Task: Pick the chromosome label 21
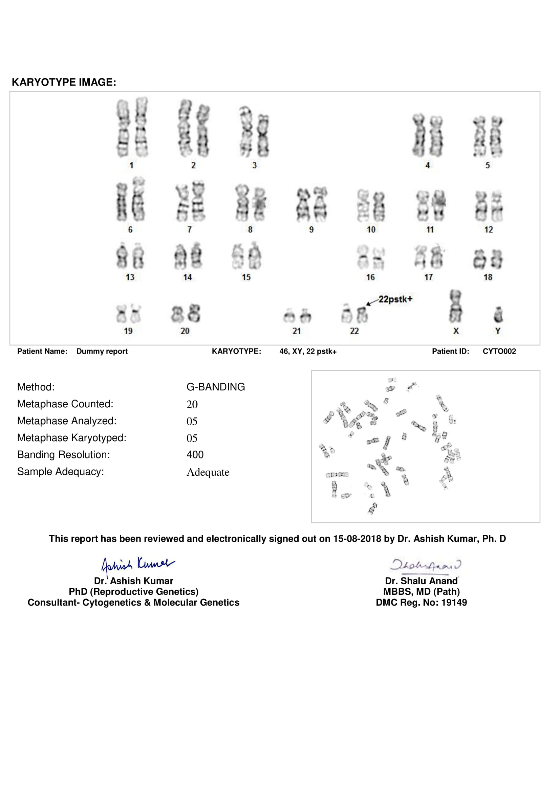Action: (x=297, y=331)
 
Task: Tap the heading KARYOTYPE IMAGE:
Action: (x=64, y=82)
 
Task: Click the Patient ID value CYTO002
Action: (x=499, y=352)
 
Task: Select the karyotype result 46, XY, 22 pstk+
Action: (x=307, y=352)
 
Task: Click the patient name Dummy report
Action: (x=102, y=352)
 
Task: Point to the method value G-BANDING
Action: (x=216, y=387)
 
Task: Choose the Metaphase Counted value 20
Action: (x=192, y=404)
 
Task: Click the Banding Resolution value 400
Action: (x=195, y=455)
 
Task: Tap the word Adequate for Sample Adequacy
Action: (x=208, y=472)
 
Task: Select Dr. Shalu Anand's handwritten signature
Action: (x=426, y=565)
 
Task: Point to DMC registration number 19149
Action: (x=454, y=603)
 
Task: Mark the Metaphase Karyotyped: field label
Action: (x=72, y=438)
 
